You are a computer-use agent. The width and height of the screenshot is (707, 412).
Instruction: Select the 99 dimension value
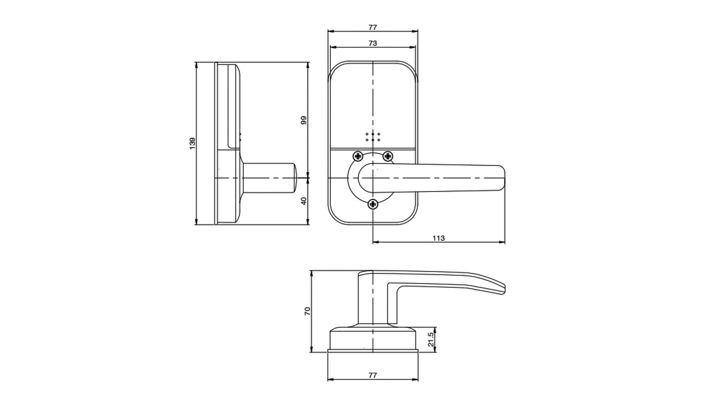point(303,120)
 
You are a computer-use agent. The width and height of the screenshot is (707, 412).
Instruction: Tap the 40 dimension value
point(303,200)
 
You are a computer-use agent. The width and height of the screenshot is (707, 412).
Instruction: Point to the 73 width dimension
point(372,43)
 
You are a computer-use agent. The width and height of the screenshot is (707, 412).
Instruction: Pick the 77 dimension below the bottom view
point(372,375)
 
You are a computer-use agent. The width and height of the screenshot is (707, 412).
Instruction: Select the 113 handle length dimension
point(438,238)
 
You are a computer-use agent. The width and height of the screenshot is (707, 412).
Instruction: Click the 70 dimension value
point(307,311)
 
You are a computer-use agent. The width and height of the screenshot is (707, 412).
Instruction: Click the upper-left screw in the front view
point(358,156)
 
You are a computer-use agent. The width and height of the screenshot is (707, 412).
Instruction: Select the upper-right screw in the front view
point(388,156)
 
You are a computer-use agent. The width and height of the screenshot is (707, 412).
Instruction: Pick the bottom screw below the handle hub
point(373,204)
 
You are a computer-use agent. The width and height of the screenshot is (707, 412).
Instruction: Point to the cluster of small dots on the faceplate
point(373,137)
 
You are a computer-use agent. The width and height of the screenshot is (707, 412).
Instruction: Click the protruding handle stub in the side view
point(269,178)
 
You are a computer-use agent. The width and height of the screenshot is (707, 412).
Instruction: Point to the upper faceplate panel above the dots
point(373,98)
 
